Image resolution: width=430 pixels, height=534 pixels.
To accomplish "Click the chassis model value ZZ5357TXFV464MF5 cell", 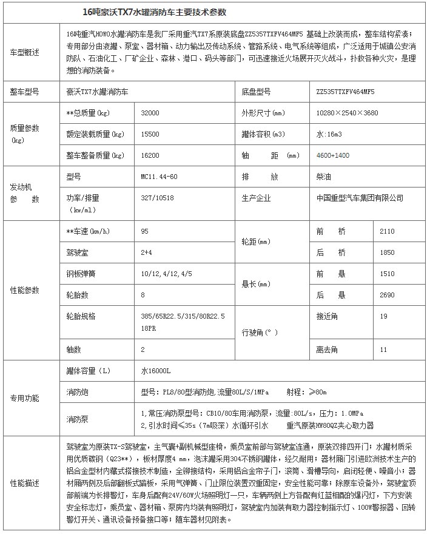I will point(345,92).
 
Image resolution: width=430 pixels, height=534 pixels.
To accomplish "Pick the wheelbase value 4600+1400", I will point(333,156).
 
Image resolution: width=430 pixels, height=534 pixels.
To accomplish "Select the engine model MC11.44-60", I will point(160,177).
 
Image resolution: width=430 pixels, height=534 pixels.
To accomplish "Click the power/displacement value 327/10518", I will point(156,198).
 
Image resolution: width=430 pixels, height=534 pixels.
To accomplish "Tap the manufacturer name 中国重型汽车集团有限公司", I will point(360,198).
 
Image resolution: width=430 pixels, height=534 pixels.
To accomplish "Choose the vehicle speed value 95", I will point(144,231).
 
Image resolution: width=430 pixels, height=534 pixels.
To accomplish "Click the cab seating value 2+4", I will point(146,252).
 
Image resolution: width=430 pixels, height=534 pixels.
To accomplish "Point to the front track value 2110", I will point(386,231).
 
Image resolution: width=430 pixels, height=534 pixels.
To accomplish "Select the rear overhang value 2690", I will point(386,295).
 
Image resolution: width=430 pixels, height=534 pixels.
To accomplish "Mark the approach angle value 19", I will point(383,316).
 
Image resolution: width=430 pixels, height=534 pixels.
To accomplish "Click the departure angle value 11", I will point(383,350).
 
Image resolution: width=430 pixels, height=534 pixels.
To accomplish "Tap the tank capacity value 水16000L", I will point(156,370).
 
